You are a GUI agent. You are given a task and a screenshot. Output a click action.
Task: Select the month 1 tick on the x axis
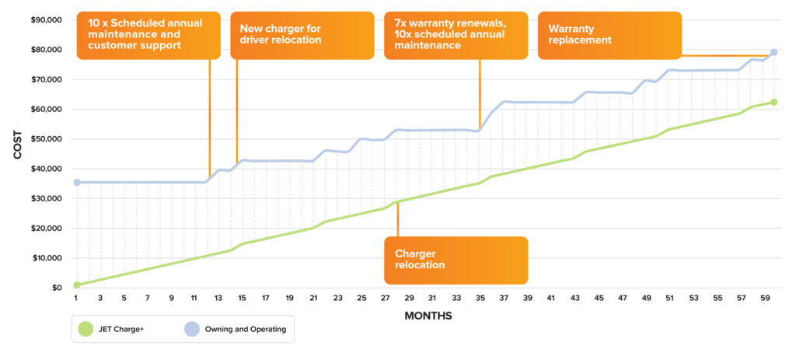pos(76,298)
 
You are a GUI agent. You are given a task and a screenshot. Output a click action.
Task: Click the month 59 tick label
pos(764,298)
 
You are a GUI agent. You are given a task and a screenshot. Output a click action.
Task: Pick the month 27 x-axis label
pos(385,298)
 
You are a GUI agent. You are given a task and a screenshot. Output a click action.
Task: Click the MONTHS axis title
pos(428,316)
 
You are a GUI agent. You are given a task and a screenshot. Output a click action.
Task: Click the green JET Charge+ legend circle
pos(86,329)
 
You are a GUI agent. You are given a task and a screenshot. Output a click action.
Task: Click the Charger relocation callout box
pos(456,260)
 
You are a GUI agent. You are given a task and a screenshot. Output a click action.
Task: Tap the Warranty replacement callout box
pos(609,35)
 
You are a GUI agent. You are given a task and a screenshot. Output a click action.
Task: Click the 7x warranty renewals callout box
pos(456,35)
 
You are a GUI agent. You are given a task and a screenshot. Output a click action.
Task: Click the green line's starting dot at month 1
pos(76,285)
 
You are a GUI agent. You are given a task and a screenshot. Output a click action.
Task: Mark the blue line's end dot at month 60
pos(773,52)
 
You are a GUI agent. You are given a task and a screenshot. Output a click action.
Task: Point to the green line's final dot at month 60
pos(773,102)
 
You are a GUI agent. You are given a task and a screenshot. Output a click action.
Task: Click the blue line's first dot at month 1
pos(76,182)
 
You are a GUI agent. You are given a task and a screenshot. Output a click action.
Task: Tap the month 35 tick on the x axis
pos(480,298)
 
